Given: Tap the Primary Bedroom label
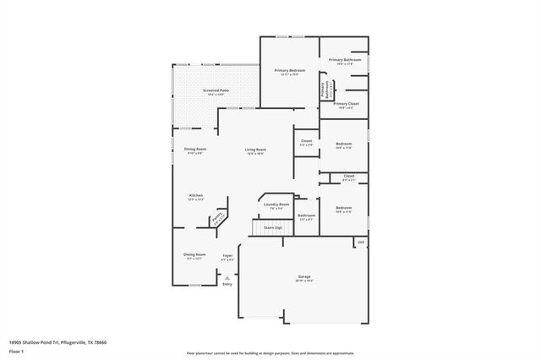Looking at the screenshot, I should point(290,70).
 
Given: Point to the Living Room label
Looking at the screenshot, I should point(255,150).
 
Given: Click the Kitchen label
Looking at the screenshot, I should point(196,195).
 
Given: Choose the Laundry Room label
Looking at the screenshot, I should point(276,204).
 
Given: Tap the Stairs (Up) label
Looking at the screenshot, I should point(272,227).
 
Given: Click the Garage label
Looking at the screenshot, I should point(304,277).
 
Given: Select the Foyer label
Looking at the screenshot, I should point(227,255).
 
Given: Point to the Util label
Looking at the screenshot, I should point(360,243).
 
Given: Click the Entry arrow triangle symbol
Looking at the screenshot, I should point(227,276).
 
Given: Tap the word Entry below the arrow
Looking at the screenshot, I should point(227,284).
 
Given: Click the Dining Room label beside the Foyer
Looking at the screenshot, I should point(195,254).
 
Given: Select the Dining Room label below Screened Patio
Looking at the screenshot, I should point(195,150).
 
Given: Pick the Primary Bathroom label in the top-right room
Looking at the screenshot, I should point(345,60).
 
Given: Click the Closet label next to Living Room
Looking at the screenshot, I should point(306,141).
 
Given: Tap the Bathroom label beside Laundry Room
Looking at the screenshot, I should point(306,215).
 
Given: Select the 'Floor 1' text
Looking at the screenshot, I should point(17,351).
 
